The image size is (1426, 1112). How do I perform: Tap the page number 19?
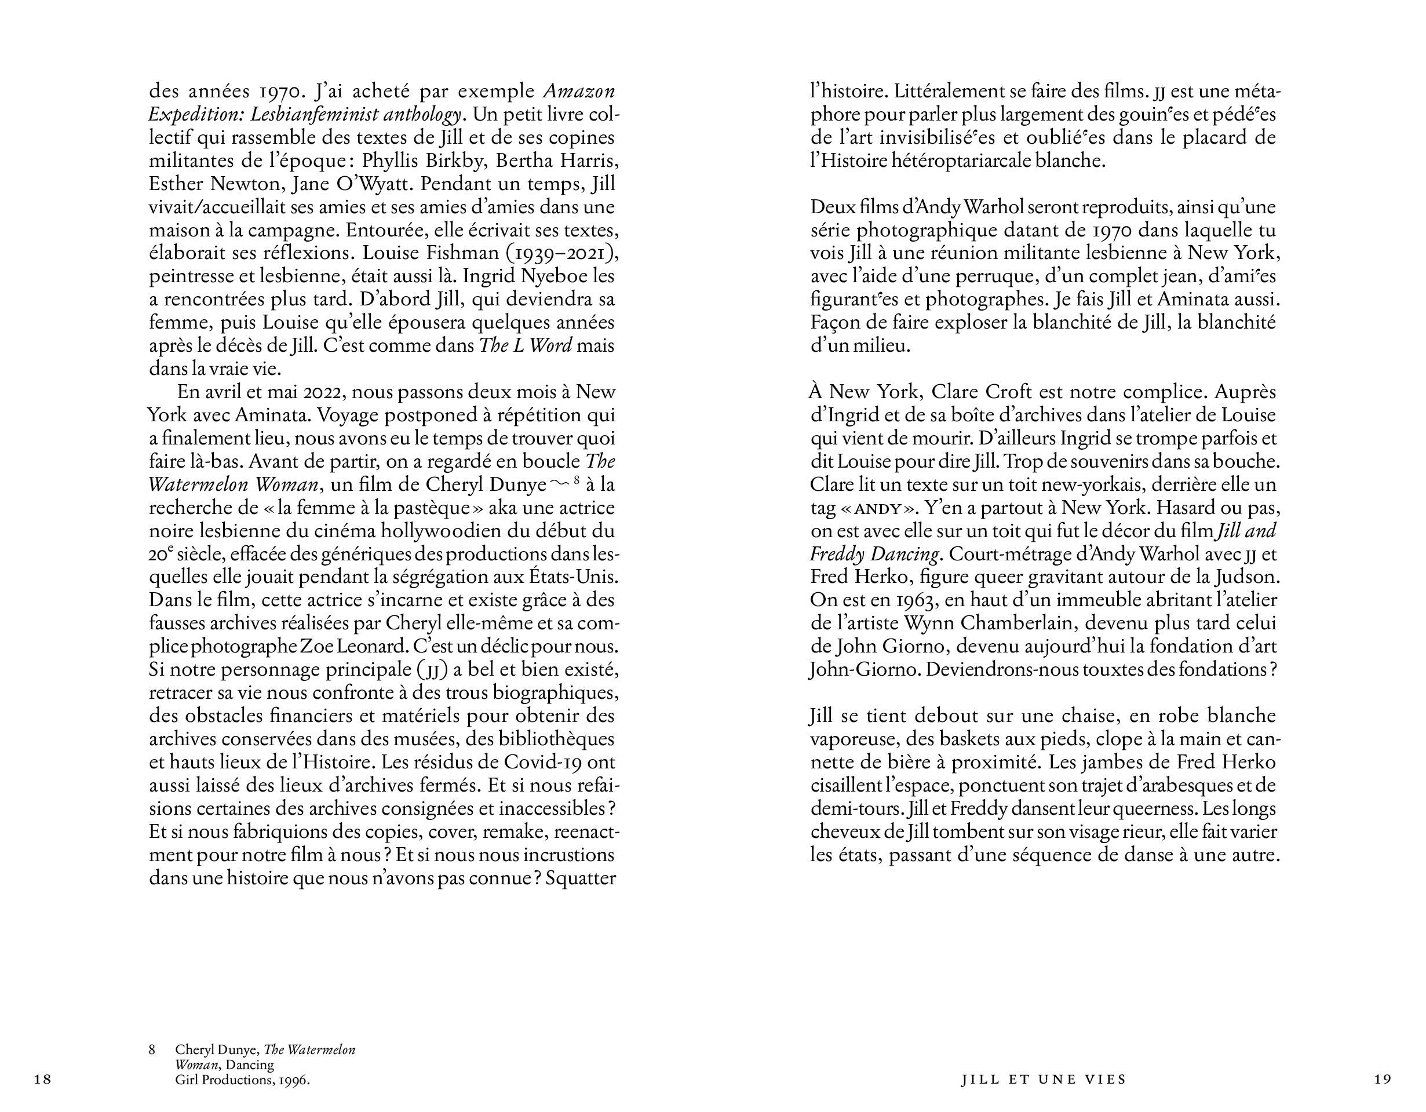click(1383, 1080)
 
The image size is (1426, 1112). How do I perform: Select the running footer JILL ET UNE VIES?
click(1044, 1080)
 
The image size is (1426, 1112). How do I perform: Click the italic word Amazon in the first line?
click(579, 92)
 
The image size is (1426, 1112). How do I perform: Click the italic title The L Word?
click(526, 346)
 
